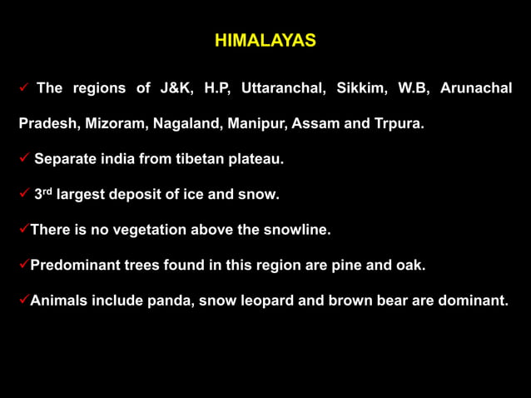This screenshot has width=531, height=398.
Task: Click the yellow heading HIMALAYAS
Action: click(x=265, y=40)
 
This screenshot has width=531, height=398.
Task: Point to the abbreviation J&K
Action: click(x=176, y=88)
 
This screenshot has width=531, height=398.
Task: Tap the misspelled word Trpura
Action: click(x=399, y=124)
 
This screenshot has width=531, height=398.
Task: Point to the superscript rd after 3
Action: click(x=47, y=192)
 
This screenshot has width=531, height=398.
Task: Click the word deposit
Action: click(x=135, y=195)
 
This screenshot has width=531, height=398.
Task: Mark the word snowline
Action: click(x=297, y=230)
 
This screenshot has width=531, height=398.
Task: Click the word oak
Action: click(x=411, y=266)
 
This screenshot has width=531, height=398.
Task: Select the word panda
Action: click(x=169, y=301)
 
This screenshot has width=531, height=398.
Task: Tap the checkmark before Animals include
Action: click(x=23, y=300)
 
